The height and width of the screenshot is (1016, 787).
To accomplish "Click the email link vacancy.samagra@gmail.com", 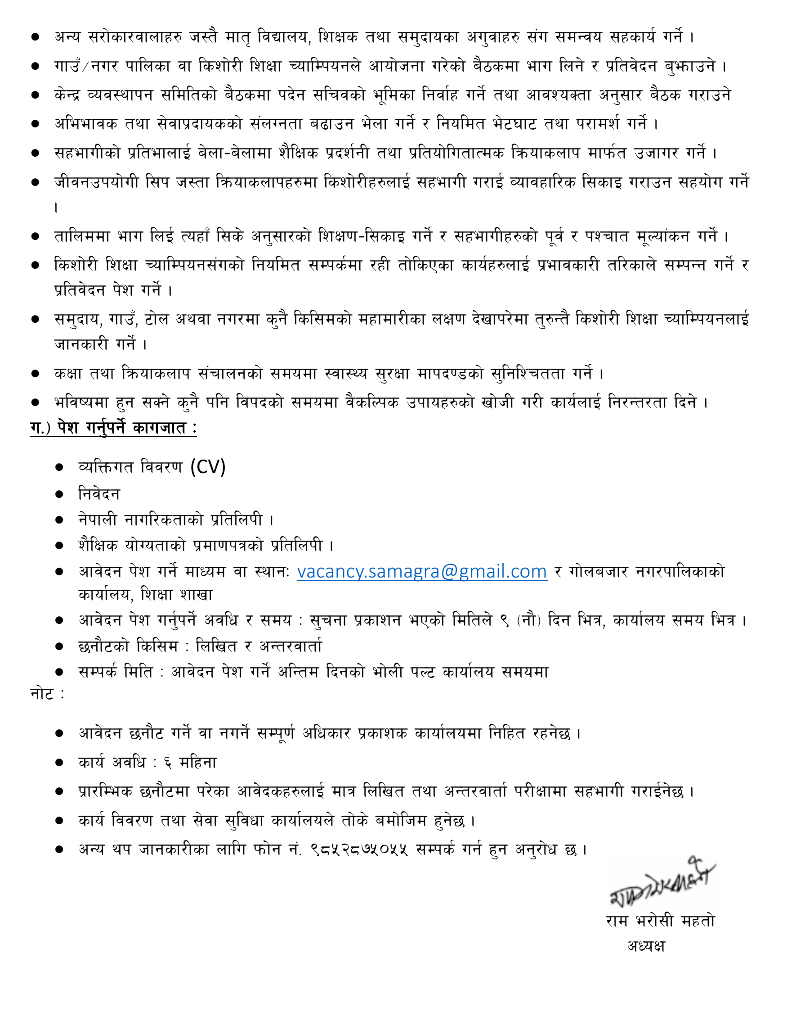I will [422, 571].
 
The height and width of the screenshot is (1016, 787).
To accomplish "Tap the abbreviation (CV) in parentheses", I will [208, 467].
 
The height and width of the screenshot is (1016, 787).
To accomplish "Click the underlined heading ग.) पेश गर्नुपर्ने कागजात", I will [113, 428].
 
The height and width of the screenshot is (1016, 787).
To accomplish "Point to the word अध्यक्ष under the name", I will [646, 946].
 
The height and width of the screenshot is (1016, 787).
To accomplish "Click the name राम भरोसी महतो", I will [660, 921].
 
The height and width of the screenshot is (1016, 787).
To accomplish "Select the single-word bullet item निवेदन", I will [99, 494].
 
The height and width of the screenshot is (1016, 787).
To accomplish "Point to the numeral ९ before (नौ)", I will [505, 620].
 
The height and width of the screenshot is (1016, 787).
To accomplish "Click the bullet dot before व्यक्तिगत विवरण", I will [59, 467].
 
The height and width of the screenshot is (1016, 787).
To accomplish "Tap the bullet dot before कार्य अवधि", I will [59, 763].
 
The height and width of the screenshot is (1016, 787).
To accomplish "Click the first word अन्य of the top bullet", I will [68, 36].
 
